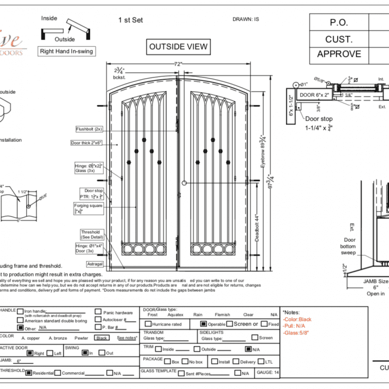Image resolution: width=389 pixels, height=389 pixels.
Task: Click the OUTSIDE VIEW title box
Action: point(178,47)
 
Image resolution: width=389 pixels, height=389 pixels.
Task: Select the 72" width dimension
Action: point(178,64)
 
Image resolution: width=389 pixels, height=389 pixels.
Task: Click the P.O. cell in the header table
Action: point(339,23)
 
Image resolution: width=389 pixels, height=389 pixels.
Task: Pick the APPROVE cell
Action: point(339,53)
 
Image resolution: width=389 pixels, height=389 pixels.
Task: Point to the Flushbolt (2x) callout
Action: point(89,129)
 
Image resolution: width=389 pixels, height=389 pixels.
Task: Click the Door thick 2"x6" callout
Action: point(87,143)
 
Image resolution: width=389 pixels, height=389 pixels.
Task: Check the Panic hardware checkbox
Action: point(98,312)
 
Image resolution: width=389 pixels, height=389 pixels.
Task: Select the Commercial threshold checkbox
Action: point(57,373)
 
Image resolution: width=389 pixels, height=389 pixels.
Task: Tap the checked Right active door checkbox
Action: point(29,353)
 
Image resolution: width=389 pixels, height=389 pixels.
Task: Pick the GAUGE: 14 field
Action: point(268,373)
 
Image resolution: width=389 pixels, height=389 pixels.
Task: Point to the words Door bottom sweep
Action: point(350,246)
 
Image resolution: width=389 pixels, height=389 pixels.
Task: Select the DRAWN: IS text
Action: point(246,19)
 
